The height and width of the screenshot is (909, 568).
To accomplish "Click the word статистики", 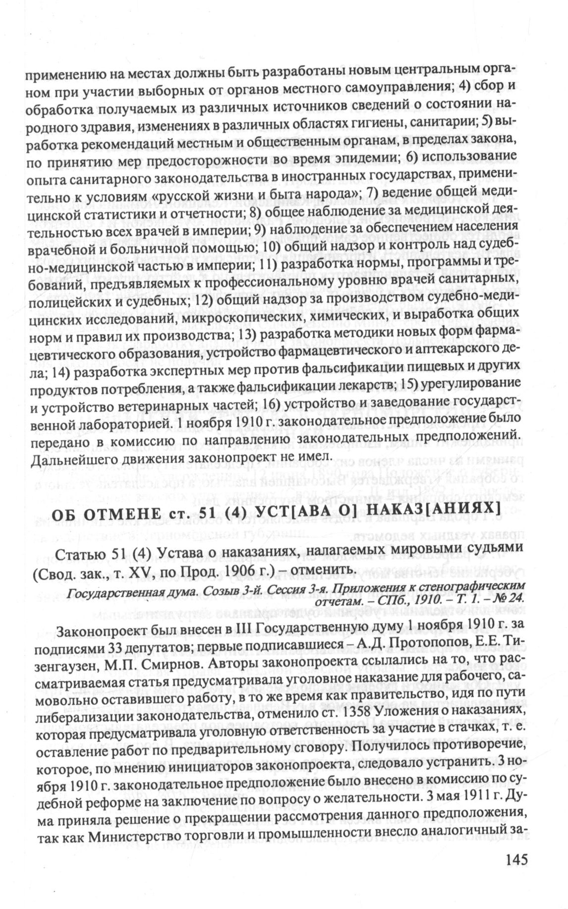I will point(126,217).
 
